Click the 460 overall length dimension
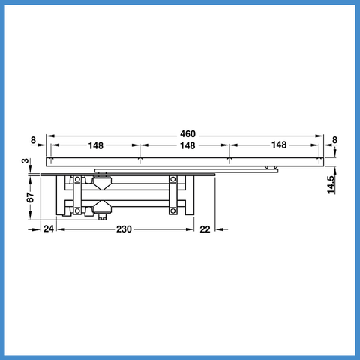point(187,134)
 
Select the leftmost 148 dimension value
point(96,145)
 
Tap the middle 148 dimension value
point(187,145)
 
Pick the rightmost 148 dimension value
point(279,145)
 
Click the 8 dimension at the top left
point(33,140)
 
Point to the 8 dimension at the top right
point(334,140)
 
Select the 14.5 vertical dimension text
point(331,185)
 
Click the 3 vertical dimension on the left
point(25,160)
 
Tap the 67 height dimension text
point(31,197)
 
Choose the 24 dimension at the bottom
point(49,229)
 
